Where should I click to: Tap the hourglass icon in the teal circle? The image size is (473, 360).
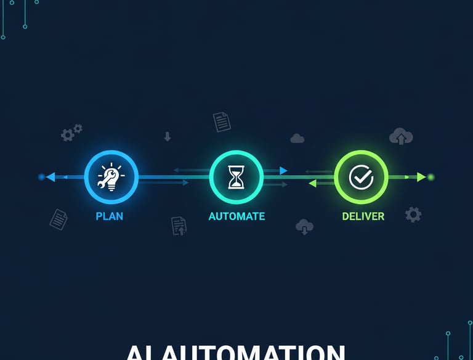point(236,177)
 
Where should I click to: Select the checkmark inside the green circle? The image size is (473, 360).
point(361,177)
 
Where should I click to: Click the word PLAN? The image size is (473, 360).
point(110,216)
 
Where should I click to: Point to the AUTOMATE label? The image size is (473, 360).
point(236,216)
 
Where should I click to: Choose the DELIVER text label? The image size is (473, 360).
point(363,216)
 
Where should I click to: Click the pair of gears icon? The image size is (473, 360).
point(71,133)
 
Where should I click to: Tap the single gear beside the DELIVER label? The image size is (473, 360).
point(413,215)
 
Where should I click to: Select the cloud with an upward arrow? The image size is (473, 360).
point(401,136)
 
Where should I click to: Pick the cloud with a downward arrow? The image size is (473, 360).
point(304,227)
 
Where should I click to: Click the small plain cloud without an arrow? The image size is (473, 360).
point(297,139)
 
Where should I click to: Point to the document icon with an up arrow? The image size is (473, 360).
point(179,226)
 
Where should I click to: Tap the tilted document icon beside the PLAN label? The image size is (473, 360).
point(59,219)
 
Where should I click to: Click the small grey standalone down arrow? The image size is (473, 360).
point(167,136)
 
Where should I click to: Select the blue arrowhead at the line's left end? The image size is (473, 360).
point(51,177)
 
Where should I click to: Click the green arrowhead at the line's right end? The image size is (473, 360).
point(421,177)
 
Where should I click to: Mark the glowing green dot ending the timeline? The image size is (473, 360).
point(431,177)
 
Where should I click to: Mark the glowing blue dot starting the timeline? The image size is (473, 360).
point(41,177)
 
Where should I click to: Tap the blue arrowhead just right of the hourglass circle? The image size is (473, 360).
point(283,170)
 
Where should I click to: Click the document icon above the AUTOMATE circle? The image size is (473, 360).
point(222,121)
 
